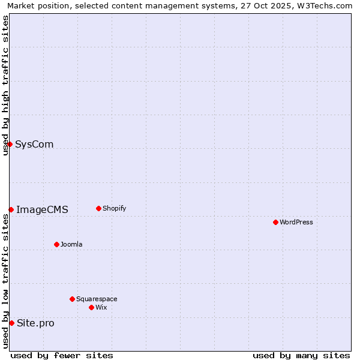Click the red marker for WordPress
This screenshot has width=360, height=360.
point(275,222)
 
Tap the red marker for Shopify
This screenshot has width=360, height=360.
point(98,208)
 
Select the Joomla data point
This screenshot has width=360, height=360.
point(56,244)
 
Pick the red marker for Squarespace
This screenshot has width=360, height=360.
point(72,299)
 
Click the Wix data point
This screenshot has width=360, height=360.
point(91,307)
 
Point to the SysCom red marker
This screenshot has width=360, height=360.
point(10,144)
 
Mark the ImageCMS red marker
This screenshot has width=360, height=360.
point(11,209)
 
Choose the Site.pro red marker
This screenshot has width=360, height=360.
point(11,323)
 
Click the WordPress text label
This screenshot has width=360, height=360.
point(296,222)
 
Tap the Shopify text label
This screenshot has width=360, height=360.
point(115,208)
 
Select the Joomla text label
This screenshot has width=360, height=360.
point(71,244)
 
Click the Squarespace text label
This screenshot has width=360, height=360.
point(97,299)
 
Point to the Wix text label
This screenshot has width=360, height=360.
point(101,307)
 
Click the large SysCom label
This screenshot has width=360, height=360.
point(34,144)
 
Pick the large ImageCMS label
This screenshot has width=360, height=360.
point(42,209)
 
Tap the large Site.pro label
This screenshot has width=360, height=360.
point(35,323)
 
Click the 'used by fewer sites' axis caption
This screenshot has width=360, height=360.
point(62,355)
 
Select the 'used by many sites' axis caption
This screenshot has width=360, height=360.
point(301,355)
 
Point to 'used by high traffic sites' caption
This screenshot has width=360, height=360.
point(5,84)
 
